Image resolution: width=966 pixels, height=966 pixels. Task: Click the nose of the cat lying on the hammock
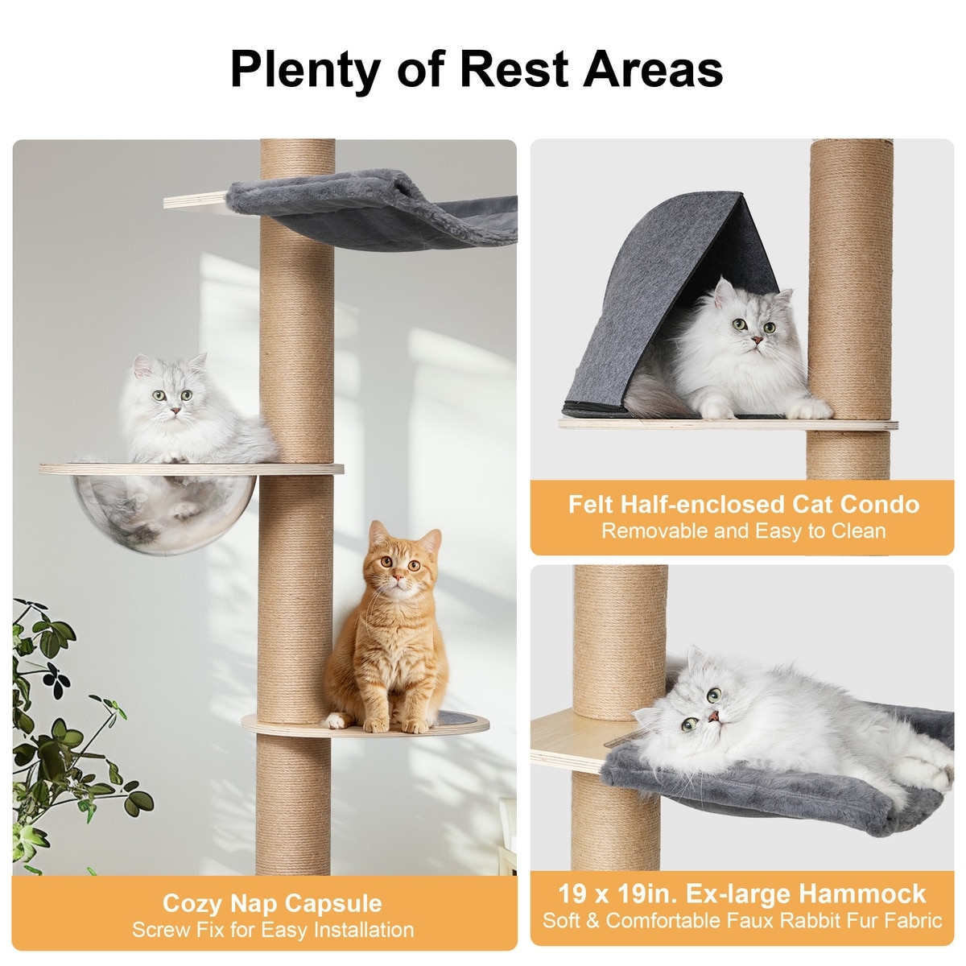click(714, 716)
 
